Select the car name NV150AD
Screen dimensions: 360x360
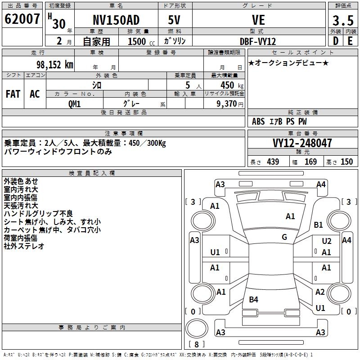coord(116,20)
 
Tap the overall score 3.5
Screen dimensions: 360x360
coord(342,21)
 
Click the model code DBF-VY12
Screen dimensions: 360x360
coord(258,41)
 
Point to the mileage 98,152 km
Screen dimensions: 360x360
coord(54,64)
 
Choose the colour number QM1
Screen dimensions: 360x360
coord(75,103)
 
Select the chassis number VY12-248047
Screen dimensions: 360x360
coord(302,143)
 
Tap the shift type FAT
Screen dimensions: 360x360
coord(13,94)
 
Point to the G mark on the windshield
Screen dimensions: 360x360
coord(284,237)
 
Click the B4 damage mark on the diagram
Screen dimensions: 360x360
coord(254,299)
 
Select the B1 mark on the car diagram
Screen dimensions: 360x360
coord(319,225)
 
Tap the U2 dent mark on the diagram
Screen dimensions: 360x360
coord(327,242)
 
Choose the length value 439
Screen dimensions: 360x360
coord(273,162)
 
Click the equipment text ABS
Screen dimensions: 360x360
coord(258,121)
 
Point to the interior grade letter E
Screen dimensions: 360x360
coord(350,41)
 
